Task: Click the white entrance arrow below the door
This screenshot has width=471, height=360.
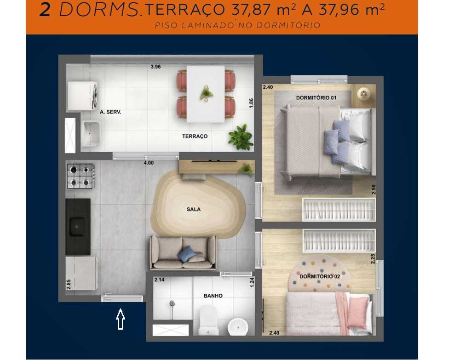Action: [x=121, y=319]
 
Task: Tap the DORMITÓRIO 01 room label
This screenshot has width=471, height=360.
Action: [x=316, y=97]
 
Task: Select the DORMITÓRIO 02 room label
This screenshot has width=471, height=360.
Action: [x=319, y=276]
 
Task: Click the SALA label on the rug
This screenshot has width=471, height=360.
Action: [x=193, y=209]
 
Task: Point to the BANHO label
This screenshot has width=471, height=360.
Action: [x=213, y=296]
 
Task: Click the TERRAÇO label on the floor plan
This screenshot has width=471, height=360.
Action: [x=195, y=136]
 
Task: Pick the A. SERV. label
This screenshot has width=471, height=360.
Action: [x=110, y=112]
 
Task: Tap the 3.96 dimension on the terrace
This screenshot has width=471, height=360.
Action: [x=155, y=67]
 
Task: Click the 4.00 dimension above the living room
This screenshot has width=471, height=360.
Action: [x=149, y=163]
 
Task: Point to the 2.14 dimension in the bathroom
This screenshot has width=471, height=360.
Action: [x=159, y=280]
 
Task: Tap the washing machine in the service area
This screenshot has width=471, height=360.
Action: [x=82, y=96]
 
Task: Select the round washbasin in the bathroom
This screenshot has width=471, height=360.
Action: [x=238, y=327]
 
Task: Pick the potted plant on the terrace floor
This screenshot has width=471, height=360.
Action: [x=241, y=137]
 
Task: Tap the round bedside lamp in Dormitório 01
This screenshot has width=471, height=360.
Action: [x=364, y=94]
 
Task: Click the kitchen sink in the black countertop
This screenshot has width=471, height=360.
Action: [x=77, y=226]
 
